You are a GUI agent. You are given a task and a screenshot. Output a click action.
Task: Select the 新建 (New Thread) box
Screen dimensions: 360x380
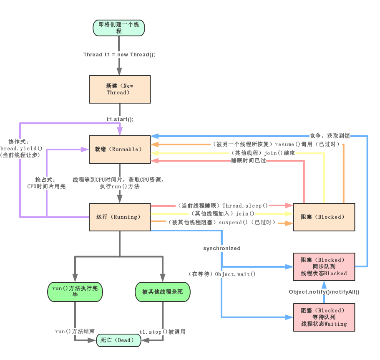(x=120, y=89)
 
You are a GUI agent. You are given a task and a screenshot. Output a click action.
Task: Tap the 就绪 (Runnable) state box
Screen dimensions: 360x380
(x=120, y=149)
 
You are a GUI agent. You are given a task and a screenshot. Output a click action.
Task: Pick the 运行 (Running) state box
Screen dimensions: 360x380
(x=120, y=217)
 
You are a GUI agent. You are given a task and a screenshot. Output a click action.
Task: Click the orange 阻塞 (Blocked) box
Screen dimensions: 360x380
(x=324, y=217)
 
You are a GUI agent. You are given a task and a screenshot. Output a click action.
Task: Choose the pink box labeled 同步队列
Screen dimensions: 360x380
(x=324, y=266)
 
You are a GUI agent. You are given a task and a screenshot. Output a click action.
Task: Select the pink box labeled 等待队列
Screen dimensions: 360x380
(x=324, y=317)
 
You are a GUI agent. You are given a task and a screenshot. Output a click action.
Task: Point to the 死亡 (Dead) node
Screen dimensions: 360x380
(x=118, y=340)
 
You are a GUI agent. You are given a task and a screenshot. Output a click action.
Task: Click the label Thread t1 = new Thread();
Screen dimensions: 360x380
(x=119, y=55)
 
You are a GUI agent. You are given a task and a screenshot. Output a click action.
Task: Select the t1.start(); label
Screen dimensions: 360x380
(x=120, y=119)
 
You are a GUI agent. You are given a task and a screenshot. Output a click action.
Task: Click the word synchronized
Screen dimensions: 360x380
(x=222, y=248)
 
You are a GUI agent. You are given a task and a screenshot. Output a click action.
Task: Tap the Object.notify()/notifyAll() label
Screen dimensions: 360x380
(x=324, y=292)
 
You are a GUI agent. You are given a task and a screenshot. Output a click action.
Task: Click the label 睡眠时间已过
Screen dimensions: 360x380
(x=249, y=161)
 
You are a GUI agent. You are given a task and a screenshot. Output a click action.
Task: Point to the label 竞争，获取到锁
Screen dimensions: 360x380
(x=330, y=136)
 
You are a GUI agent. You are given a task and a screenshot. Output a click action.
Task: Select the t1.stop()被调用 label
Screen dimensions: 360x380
(x=162, y=332)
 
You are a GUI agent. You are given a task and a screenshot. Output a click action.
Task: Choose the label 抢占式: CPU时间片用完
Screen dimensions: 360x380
(x=46, y=183)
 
